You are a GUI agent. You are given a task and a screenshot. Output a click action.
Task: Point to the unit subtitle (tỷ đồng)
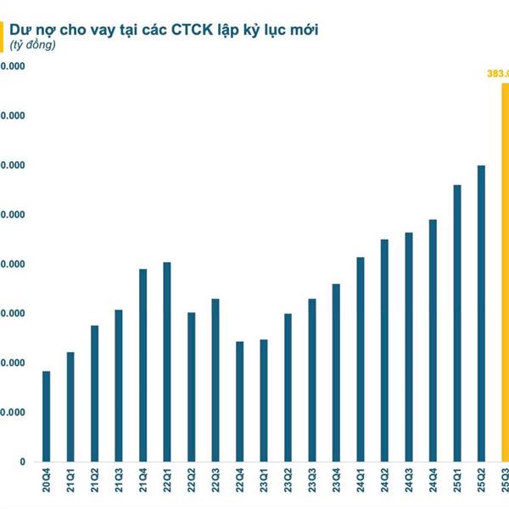(33, 45)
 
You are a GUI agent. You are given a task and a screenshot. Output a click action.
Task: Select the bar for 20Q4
(46, 417)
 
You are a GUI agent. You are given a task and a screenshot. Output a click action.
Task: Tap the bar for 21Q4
(143, 366)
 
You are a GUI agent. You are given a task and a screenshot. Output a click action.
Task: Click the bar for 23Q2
(288, 388)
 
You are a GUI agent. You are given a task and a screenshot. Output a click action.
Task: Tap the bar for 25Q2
(482, 314)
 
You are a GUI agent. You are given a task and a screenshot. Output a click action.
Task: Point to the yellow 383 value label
(496, 74)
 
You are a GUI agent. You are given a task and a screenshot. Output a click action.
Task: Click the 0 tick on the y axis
(22, 462)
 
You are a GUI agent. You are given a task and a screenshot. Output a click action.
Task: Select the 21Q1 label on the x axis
(70, 481)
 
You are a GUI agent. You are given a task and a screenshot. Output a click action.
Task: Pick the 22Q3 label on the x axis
(215, 481)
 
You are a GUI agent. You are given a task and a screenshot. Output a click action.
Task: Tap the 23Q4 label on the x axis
(337, 481)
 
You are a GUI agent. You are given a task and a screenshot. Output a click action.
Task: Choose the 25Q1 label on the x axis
(457, 481)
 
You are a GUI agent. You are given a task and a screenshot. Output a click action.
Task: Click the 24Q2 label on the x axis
(385, 481)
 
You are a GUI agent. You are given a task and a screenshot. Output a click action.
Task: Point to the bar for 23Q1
(264, 400)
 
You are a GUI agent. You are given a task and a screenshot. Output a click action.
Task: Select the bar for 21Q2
(94, 394)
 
